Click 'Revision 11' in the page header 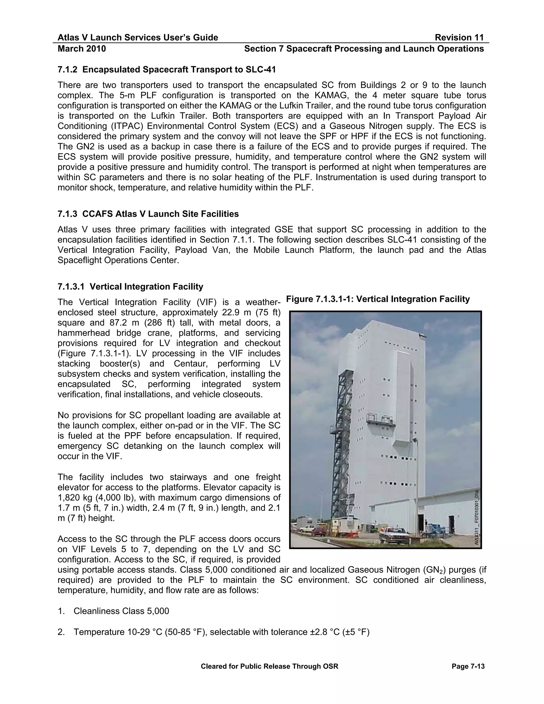[459, 38]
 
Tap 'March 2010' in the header [82, 49]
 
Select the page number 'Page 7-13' [468, 666]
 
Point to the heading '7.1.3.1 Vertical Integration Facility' [130, 287]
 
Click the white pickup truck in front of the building [394, 533]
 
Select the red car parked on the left [319, 531]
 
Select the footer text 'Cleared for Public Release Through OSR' [269, 666]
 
